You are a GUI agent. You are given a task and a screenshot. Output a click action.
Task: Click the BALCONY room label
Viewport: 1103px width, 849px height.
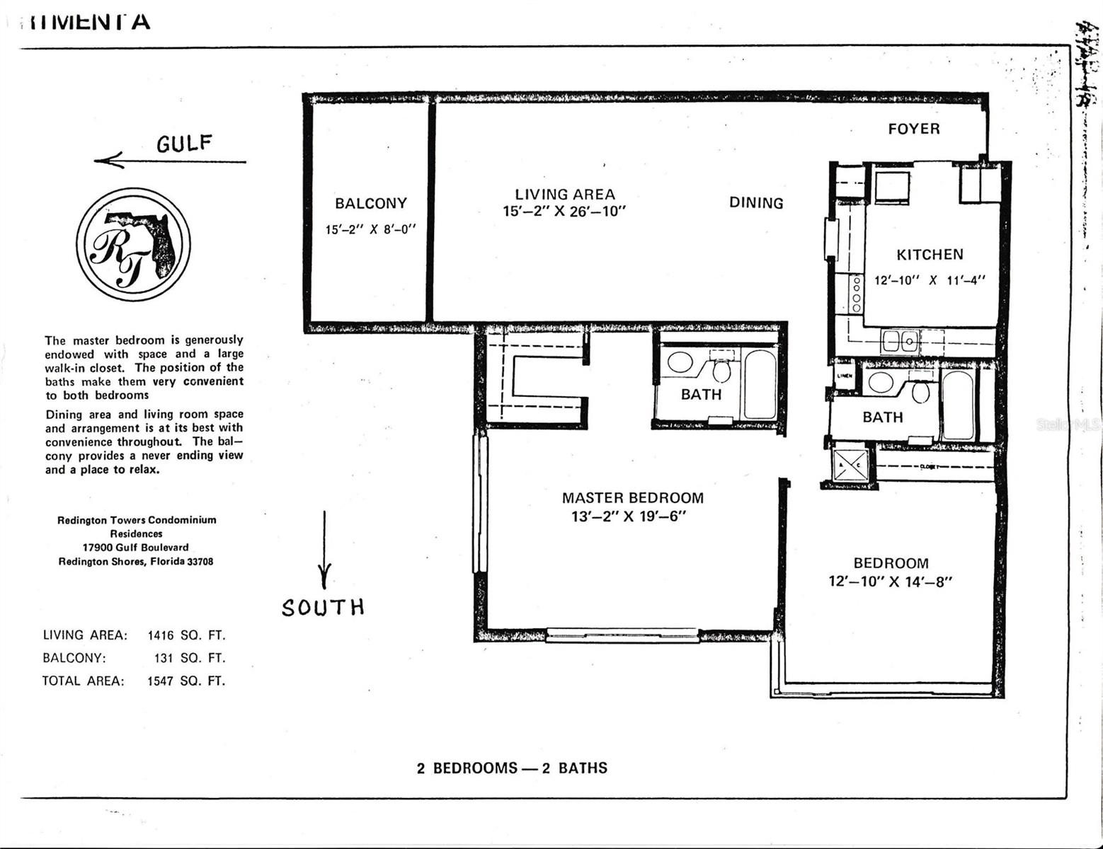pyautogui.click(x=370, y=204)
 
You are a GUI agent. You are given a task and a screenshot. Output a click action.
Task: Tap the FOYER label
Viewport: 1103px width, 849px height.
pyautogui.click(x=914, y=129)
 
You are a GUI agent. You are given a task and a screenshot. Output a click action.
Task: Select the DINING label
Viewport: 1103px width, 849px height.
pyautogui.click(x=756, y=203)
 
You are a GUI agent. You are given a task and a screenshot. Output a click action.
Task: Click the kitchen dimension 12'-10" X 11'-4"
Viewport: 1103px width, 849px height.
pyautogui.click(x=930, y=280)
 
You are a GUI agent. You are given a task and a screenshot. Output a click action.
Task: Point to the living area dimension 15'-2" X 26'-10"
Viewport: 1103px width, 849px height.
pyautogui.click(x=564, y=212)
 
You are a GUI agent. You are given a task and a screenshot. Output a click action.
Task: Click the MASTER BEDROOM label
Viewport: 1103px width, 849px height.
pyautogui.click(x=632, y=498)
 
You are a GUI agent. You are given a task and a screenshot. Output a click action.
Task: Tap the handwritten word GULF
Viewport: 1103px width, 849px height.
pyautogui.click(x=183, y=144)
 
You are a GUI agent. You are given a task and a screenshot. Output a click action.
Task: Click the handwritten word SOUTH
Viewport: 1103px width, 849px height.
pyautogui.click(x=323, y=607)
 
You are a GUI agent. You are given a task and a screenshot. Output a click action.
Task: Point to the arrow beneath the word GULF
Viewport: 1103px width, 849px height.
pyautogui.click(x=170, y=161)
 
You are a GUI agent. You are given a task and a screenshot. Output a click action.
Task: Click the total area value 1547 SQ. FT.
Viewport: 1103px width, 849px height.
pyautogui.click(x=186, y=681)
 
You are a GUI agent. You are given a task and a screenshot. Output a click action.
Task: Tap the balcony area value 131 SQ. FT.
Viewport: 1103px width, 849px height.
pyautogui.click(x=189, y=658)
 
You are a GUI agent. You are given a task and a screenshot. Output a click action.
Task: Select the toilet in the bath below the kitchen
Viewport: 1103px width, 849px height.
pyautogui.click(x=920, y=391)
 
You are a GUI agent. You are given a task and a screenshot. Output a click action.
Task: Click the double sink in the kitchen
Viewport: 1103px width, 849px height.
pyautogui.click(x=900, y=341)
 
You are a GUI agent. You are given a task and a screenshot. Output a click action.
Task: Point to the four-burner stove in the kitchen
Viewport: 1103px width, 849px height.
pyautogui.click(x=857, y=294)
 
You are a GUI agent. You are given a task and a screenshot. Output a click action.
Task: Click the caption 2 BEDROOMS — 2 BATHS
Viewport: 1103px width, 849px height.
pyautogui.click(x=512, y=768)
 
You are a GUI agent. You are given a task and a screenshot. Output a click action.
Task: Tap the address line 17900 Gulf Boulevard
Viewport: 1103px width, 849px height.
pyautogui.click(x=135, y=548)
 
